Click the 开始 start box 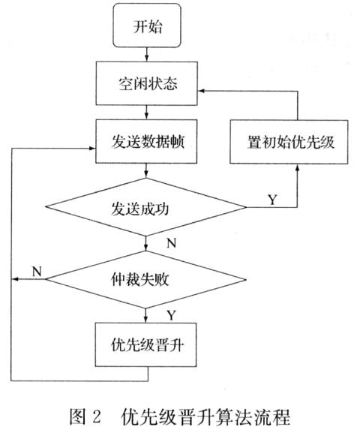coord(147,26)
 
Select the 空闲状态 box coord(146,83)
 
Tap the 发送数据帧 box coord(146,142)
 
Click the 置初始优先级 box coord(289,142)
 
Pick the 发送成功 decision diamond coord(145,207)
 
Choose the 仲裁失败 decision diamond coord(145,279)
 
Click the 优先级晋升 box coord(145,344)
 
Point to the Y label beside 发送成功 coord(272,200)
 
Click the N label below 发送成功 coord(172,243)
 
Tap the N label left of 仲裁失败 coord(37,272)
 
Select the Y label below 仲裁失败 coord(172,315)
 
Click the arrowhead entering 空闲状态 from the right coord(201,91)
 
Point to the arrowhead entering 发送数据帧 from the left coord(91,149)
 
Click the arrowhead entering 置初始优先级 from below coord(297,167)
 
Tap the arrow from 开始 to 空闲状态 coord(146,54)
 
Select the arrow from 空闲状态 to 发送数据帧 coord(146,112)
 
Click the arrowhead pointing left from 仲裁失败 coord(15,279)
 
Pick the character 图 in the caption coord(77,417)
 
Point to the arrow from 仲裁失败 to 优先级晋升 coord(145,315)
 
